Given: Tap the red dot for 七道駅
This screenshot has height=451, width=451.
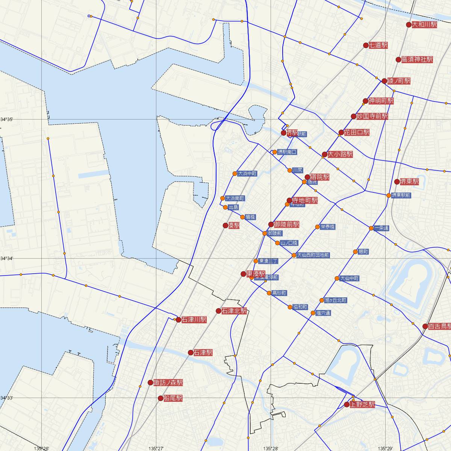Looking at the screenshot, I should coord(366,45).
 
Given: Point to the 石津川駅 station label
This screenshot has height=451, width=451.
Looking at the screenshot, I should coord(194,320).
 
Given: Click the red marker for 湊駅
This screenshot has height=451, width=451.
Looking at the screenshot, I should coord(225,225).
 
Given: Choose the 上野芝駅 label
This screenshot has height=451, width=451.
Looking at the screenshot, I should coord(362,405).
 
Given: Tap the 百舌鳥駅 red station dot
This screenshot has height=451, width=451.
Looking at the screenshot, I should coord(425,326).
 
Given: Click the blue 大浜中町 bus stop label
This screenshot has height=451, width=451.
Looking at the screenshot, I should coord(247,174).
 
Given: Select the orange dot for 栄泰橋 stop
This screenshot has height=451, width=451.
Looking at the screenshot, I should coord(318,227).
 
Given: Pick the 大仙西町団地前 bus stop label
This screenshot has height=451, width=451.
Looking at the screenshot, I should coord(313,255).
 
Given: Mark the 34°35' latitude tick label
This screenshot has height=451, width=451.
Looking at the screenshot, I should coord(7,120).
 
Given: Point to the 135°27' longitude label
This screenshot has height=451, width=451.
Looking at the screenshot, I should coord(156,448).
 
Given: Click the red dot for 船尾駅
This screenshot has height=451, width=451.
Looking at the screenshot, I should coord(161,398).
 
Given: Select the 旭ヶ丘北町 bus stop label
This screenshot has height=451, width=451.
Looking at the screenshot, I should coord(335,300).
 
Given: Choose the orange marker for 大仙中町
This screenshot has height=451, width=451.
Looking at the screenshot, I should coord(337,278).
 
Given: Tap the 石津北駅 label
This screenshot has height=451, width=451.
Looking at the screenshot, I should coord(234,311).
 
